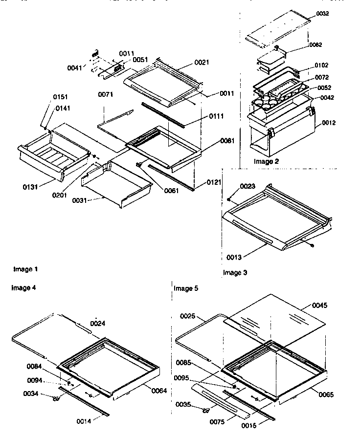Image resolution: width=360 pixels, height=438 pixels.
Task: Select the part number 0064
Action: tap(159, 391)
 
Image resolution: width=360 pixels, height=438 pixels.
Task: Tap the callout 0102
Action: tap(321, 65)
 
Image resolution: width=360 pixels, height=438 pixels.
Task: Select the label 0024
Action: tap(98, 323)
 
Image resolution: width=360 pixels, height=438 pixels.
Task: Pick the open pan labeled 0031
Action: tap(115, 183)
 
